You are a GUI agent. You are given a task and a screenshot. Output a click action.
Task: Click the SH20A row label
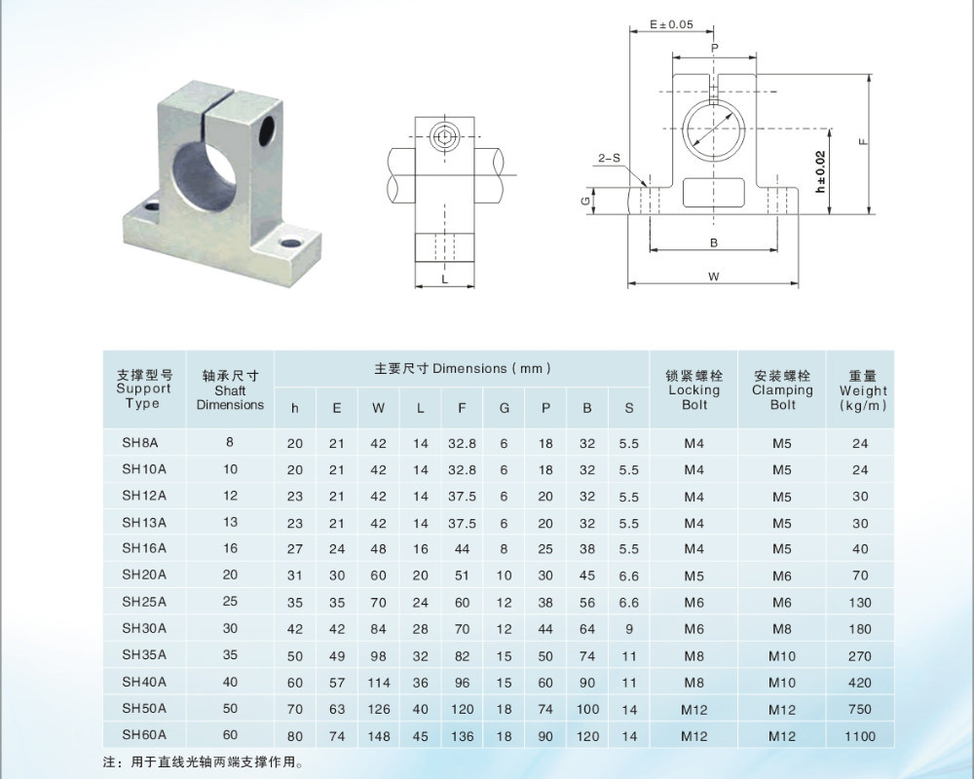pos(144,575)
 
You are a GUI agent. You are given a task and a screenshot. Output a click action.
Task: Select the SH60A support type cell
pos(144,735)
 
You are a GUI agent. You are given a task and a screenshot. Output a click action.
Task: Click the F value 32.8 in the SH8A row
pos(462,443)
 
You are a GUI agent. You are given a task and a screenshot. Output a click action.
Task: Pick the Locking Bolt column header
pos(693,389)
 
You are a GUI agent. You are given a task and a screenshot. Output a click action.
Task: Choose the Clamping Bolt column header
pos(782,389)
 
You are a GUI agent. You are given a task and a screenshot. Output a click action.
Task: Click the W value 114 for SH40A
pos(378,683)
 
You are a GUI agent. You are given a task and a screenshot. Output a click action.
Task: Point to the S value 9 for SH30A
pos(629,629)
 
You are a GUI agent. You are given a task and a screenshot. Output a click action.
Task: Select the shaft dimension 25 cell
pos(230,602)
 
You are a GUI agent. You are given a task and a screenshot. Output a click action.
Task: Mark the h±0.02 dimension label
pos(820,170)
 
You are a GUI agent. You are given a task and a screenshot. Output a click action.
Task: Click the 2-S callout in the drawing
pos(609,158)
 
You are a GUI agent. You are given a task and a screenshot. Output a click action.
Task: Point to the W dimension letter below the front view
pos(714,277)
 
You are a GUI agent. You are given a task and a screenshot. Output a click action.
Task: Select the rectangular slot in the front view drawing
pos(714,193)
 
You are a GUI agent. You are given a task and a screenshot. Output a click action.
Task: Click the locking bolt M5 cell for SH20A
pos(693,575)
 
